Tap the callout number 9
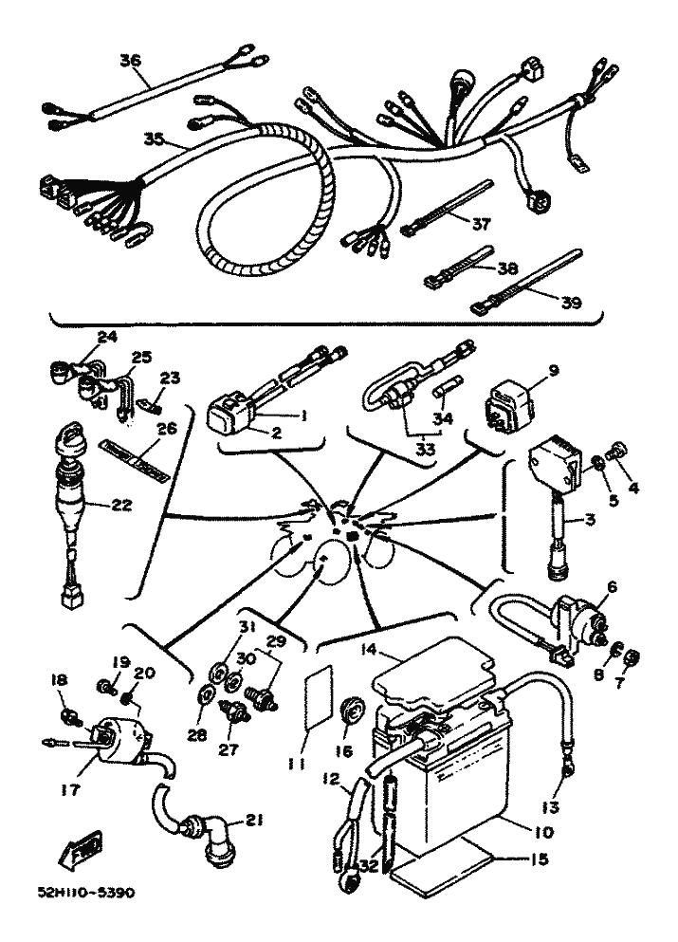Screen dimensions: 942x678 555,370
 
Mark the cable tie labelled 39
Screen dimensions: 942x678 526,284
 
